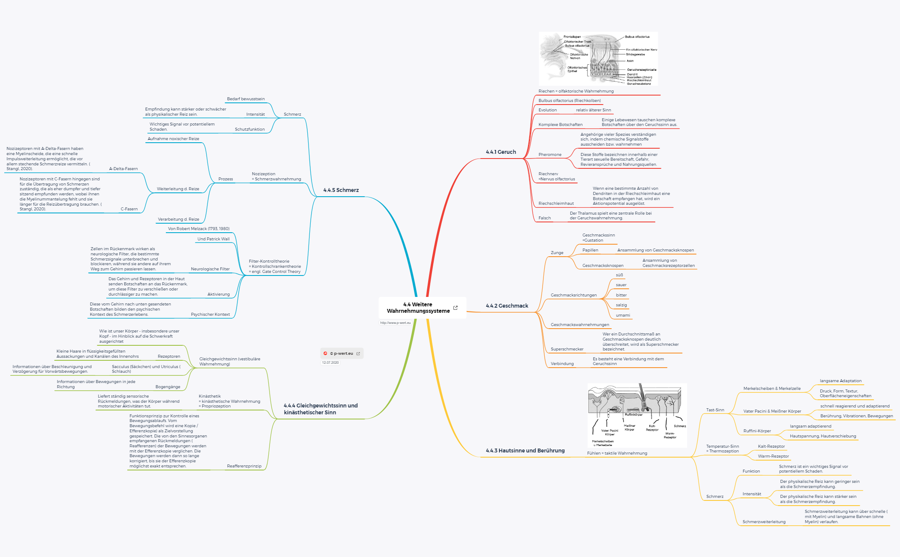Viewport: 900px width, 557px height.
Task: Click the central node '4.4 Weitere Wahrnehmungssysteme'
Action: tap(418, 308)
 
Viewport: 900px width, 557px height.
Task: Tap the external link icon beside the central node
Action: tap(456, 308)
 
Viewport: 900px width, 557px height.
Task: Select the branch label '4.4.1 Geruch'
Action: tap(501, 152)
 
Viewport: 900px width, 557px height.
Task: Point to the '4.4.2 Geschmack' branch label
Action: tap(507, 305)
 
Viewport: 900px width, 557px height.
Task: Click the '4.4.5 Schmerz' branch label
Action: tap(341, 190)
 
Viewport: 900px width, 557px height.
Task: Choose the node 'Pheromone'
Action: tap(550, 155)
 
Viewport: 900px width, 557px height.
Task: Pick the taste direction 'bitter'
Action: tap(621, 295)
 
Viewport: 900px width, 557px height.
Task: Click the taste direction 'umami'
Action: tap(623, 315)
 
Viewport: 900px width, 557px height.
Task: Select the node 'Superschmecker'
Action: tap(567, 349)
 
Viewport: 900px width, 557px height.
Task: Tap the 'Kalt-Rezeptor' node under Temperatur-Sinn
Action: tap(771, 446)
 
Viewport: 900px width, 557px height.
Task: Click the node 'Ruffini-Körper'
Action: tap(757, 431)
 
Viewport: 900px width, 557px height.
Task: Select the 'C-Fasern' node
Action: tap(129, 209)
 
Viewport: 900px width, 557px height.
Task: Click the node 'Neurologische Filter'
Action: tap(210, 269)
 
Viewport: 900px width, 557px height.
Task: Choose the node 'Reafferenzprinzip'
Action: tap(244, 466)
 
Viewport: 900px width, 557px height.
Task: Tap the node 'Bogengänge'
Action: tap(168, 387)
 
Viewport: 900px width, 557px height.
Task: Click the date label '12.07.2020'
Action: tap(330, 362)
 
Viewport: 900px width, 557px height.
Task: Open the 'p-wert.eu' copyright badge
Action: tap(342, 353)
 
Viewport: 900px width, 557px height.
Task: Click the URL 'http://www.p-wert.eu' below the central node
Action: tap(395, 323)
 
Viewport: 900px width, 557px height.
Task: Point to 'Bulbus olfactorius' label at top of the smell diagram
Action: tap(637, 37)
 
